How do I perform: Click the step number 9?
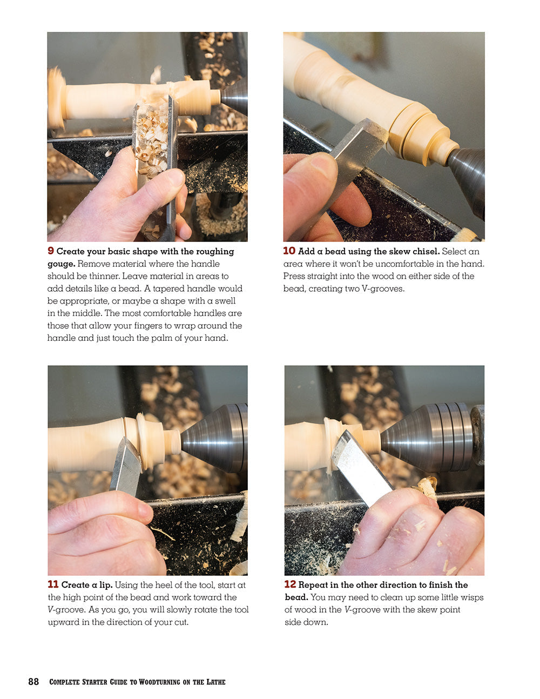[51, 251]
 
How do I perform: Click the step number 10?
[289, 251]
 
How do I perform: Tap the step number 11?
[53, 584]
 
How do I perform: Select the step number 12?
[290, 584]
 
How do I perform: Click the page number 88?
[33, 682]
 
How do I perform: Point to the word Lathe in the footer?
[216, 682]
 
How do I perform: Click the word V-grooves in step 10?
[384, 288]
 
